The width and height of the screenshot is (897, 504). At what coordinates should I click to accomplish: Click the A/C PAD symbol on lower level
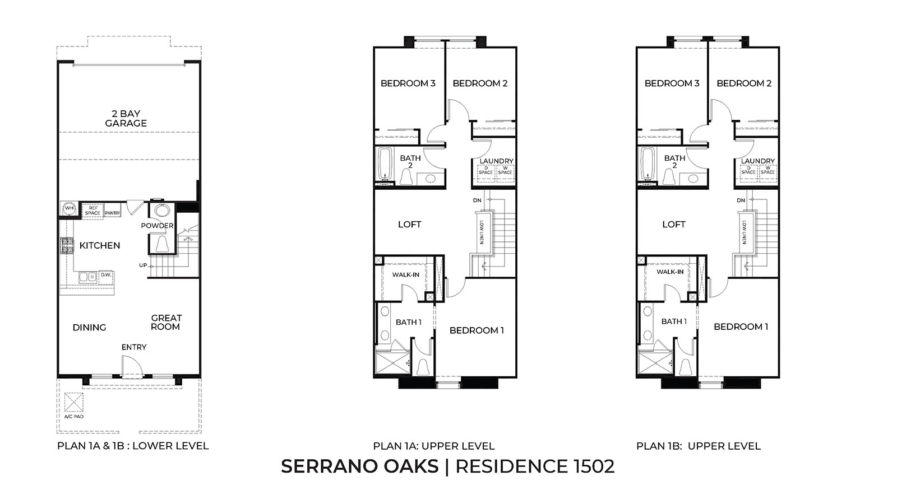click(x=73, y=403)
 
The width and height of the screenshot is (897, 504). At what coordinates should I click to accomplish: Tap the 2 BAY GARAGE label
click(x=126, y=118)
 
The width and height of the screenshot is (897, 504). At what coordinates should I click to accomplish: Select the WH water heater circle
click(x=70, y=208)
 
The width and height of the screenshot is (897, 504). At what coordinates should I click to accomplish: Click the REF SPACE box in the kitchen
click(x=93, y=211)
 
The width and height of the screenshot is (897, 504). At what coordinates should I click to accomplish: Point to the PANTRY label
click(x=113, y=213)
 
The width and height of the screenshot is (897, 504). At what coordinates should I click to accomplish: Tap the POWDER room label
click(x=157, y=226)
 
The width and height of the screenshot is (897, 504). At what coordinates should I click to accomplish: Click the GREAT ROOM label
click(x=166, y=322)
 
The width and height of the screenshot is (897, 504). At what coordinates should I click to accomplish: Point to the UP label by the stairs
click(x=143, y=265)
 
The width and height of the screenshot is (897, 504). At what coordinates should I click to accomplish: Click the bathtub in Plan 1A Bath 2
click(x=385, y=164)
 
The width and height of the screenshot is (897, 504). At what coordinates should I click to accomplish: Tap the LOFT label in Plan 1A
click(x=409, y=224)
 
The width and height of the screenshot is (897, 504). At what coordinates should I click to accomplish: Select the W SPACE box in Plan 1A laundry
click(x=505, y=170)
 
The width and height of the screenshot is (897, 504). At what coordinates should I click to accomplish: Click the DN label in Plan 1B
click(x=741, y=200)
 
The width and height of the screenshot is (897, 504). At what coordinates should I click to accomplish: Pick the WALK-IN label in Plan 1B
click(x=670, y=272)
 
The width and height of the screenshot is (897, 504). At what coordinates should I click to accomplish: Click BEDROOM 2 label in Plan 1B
click(x=744, y=83)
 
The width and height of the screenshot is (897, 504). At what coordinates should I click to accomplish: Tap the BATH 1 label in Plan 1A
click(x=409, y=322)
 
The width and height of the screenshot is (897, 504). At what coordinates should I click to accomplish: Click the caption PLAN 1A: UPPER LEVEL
click(x=434, y=446)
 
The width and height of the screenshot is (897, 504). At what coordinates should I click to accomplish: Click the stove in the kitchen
click(x=67, y=245)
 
